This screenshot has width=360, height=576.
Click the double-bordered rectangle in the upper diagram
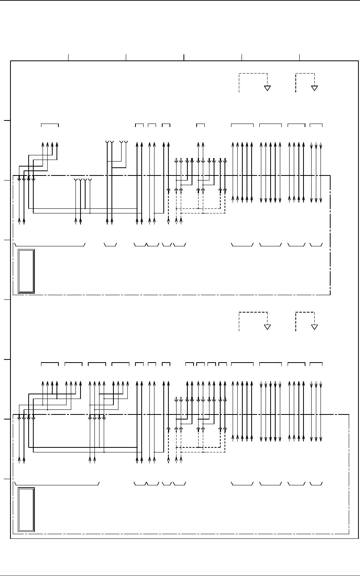pos(26,271)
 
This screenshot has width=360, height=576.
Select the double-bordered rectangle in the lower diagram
pos(26,509)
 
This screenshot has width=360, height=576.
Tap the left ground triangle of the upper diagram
pos(267,88)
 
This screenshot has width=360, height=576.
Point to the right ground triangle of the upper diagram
pos(314,88)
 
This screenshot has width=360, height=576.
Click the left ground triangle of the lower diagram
pos(267,327)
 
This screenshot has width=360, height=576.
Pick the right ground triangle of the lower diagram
pos(314,327)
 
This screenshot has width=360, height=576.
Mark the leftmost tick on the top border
pos(69,57)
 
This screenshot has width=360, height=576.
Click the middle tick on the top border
pos(184,57)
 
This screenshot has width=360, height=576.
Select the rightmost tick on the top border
pos(300,57)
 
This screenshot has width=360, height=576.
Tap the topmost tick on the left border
pos(7,120)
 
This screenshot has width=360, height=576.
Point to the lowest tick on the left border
pos(7,479)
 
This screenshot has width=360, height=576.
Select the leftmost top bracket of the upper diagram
pos(50,125)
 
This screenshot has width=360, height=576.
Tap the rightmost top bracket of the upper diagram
pos(316,125)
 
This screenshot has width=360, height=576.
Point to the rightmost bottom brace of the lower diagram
pos(316,484)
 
